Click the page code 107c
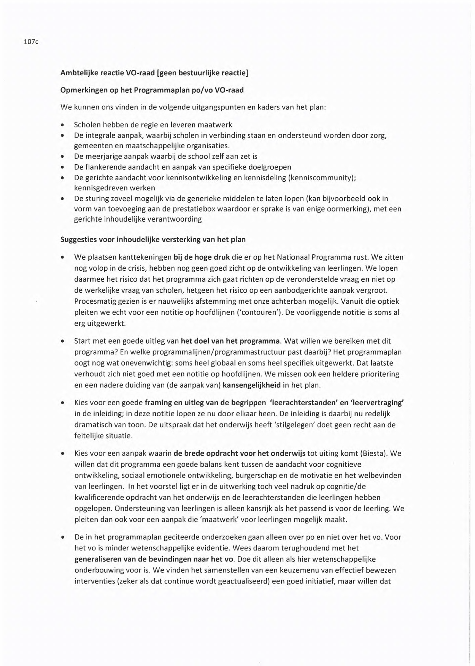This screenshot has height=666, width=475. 31,42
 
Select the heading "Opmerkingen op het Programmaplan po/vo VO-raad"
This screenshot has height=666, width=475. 152,90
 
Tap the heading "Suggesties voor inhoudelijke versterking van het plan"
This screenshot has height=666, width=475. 153,239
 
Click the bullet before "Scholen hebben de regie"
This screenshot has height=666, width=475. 62,125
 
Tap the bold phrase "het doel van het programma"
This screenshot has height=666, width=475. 230,341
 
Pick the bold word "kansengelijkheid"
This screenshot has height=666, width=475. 251,385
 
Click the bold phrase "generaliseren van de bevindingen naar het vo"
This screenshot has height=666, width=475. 154,559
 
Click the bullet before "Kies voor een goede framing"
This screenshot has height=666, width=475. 62,403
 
